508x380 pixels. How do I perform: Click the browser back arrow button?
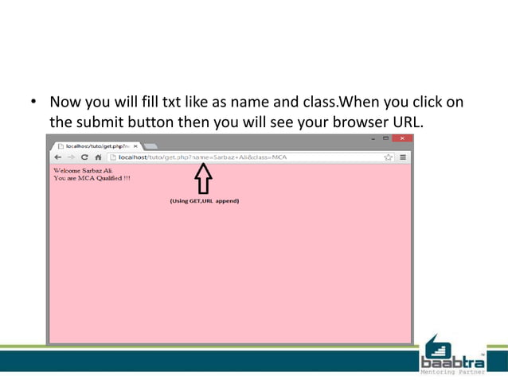point(57,157)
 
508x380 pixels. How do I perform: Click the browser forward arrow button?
point(70,157)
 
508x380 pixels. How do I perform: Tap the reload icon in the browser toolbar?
point(84,157)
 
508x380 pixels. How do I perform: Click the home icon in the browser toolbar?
point(96,157)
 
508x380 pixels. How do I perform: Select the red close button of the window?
point(402,138)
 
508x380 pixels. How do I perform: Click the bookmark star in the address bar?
point(389,157)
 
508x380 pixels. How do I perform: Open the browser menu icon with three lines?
point(403,157)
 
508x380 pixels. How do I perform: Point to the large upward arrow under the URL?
point(204,178)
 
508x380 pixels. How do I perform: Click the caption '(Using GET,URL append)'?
point(204,201)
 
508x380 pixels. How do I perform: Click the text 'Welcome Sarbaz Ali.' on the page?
point(83,170)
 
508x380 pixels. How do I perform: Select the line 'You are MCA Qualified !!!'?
point(91,178)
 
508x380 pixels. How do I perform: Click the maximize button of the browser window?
point(386,138)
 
